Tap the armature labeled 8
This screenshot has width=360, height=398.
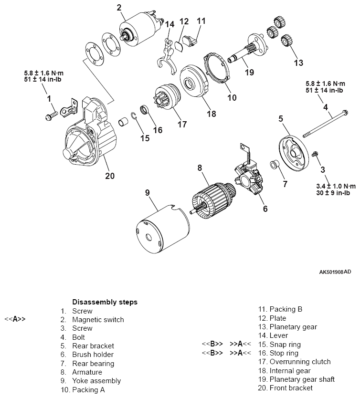pos(211,196)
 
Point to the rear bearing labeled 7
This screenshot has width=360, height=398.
pos(275,165)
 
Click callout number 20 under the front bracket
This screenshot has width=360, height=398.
pos(110,176)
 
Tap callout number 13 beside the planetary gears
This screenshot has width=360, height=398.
pos(298,63)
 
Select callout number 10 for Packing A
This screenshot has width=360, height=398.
pos(232,98)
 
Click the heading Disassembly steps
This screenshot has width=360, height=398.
pos(105,302)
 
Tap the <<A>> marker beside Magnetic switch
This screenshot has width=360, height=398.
pos(15,320)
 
